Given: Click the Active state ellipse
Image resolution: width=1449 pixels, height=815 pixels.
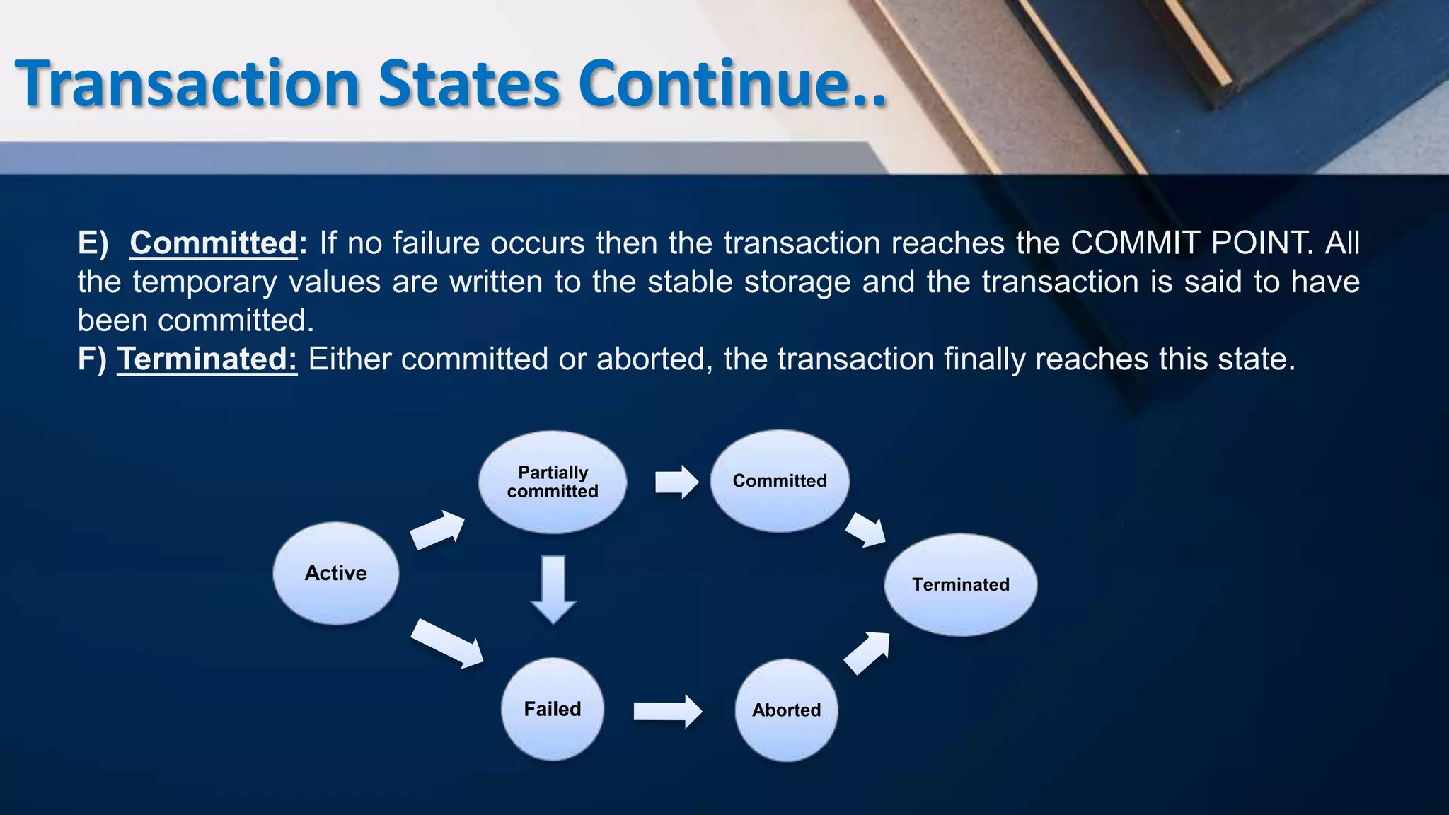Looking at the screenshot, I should (x=335, y=573).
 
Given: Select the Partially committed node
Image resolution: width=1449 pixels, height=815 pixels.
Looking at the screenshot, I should (x=553, y=482).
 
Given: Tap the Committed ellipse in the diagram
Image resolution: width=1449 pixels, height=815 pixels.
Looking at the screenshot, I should (x=779, y=481).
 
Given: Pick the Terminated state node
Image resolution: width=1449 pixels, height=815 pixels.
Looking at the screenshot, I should (x=960, y=584).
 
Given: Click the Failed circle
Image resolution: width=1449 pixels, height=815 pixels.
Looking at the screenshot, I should (x=553, y=709).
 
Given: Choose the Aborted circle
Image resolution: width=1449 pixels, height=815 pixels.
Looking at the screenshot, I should (x=786, y=710).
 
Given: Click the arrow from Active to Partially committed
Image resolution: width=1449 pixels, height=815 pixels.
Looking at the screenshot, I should (x=438, y=530).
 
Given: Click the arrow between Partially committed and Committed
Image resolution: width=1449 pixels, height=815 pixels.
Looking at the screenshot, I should (x=676, y=482).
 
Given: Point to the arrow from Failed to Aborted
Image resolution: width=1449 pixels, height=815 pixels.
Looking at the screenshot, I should (x=667, y=711).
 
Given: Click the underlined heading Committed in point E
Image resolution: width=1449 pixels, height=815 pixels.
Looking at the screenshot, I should (x=214, y=243).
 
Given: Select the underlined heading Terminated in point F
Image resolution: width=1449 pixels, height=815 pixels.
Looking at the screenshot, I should (x=207, y=359).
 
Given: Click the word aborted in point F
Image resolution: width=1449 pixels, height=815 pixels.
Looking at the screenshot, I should (x=650, y=359).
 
